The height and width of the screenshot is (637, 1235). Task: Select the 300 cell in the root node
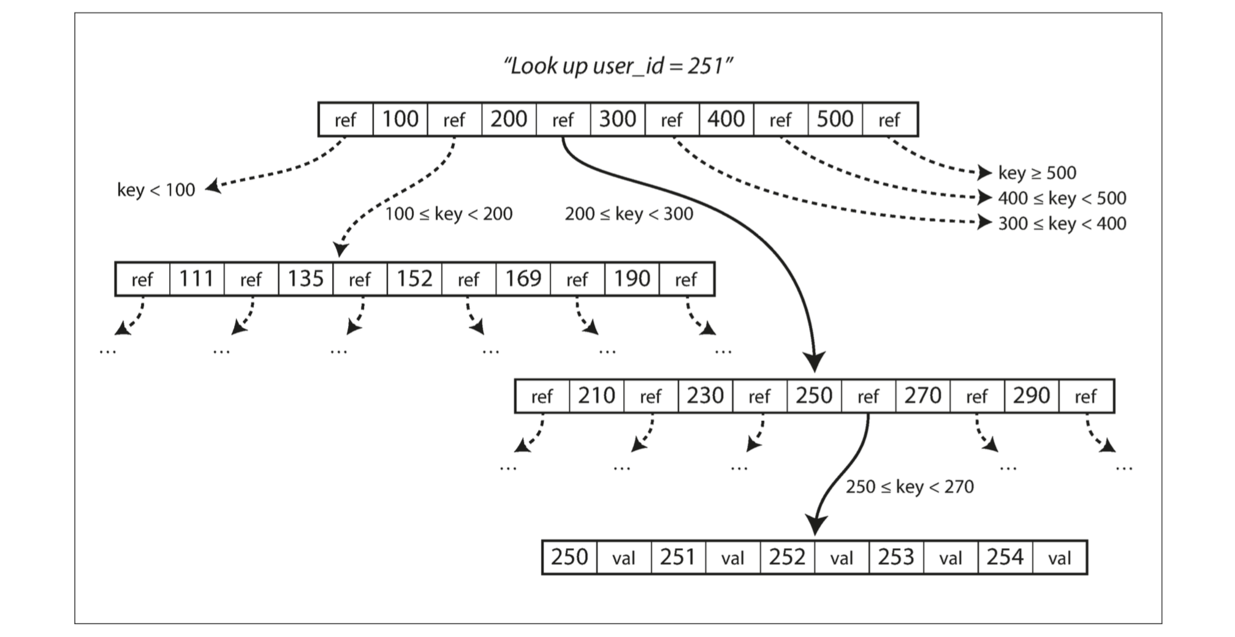618,119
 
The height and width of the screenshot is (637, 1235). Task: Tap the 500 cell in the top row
835,119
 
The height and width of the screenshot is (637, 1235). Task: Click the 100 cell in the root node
400,119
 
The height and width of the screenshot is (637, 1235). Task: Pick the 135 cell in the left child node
306,279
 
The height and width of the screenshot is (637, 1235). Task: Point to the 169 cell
523,279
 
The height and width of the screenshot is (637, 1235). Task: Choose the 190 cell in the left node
632,279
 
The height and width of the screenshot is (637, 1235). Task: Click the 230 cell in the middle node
705,396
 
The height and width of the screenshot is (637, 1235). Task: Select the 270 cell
923,396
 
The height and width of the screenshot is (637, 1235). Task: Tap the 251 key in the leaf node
678,557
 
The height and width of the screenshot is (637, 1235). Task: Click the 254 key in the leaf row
1005,557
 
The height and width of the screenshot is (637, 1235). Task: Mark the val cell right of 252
842,557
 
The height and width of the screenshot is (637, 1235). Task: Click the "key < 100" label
156,190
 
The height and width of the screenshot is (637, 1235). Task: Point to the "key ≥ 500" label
1037,173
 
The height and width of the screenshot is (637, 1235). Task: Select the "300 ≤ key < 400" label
1062,223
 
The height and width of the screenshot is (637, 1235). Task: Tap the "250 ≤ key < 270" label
910,487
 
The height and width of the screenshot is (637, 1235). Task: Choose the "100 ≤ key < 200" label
449,214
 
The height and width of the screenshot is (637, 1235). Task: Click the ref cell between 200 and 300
563,119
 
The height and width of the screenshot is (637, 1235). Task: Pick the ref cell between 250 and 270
868,396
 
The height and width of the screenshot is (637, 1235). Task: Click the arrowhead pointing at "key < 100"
212,186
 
